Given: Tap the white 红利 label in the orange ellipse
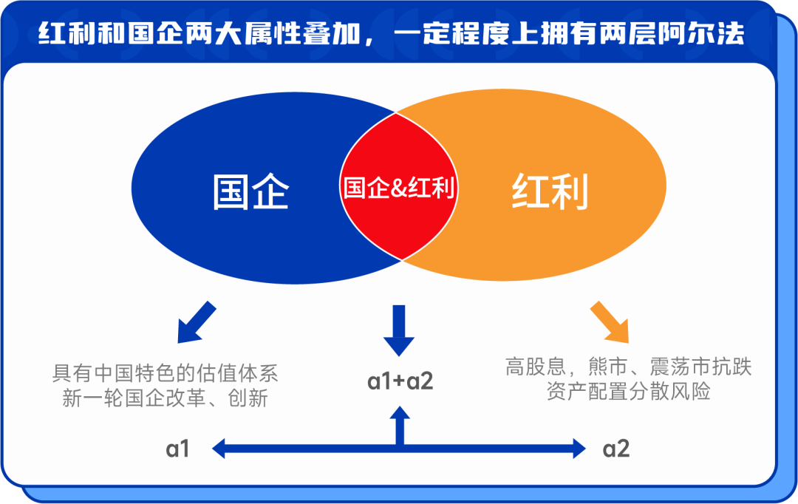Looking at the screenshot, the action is click(x=550, y=192).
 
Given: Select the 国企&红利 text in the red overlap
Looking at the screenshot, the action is click(x=399, y=188).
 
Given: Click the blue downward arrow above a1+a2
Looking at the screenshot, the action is click(x=399, y=330).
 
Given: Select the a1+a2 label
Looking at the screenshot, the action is click(x=400, y=381).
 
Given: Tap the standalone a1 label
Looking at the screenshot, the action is click(x=178, y=449).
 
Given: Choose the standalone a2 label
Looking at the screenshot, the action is click(x=616, y=449).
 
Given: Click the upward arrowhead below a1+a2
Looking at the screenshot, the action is click(x=400, y=415).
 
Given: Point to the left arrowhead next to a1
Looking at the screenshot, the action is click(x=219, y=447).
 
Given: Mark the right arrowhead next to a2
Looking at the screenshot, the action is click(x=578, y=447).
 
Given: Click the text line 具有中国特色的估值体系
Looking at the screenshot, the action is click(x=165, y=372).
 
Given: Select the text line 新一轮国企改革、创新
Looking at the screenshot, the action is click(x=165, y=398).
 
